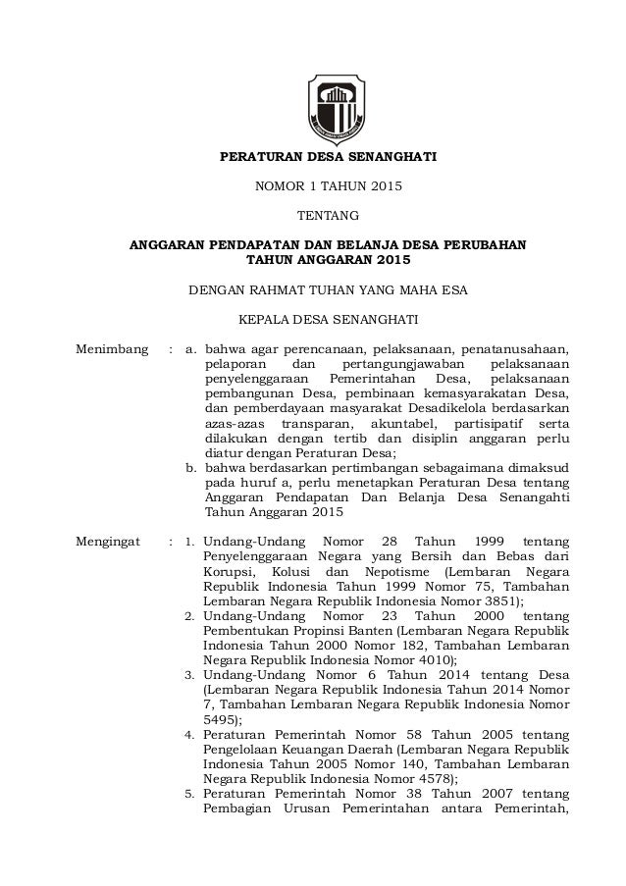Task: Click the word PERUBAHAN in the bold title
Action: (483, 244)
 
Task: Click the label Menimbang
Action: (113, 347)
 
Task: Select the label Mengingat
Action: (112, 540)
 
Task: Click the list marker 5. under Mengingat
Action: (192, 792)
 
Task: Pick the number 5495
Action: (219, 718)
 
